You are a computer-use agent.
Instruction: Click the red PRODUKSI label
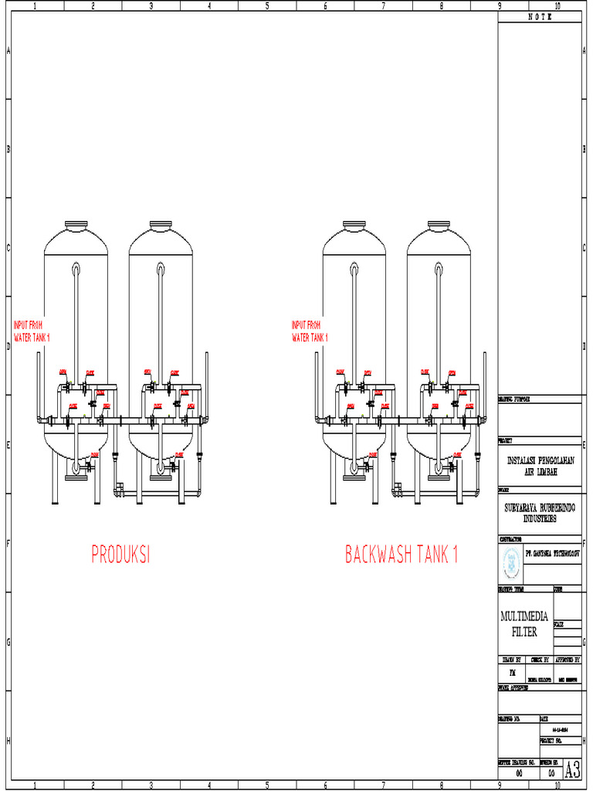(120, 555)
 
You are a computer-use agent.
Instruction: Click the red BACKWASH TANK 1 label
(402, 555)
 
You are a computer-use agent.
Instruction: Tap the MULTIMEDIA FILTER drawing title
(525, 623)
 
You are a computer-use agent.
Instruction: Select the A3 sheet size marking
(572, 770)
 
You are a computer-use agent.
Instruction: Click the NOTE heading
(540, 16)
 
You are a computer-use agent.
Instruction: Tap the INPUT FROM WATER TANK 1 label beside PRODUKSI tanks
(32, 331)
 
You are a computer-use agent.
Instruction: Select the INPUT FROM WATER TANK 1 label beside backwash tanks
(310, 331)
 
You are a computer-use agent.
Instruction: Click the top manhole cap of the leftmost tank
(76, 225)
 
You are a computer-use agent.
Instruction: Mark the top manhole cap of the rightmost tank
(439, 225)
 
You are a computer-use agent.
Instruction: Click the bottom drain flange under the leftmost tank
(76, 477)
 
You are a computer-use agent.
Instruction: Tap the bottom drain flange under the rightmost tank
(439, 477)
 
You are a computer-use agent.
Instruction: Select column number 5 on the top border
(267, 5)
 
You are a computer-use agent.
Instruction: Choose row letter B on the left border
(8, 149)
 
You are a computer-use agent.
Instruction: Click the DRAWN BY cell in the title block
(513, 660)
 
